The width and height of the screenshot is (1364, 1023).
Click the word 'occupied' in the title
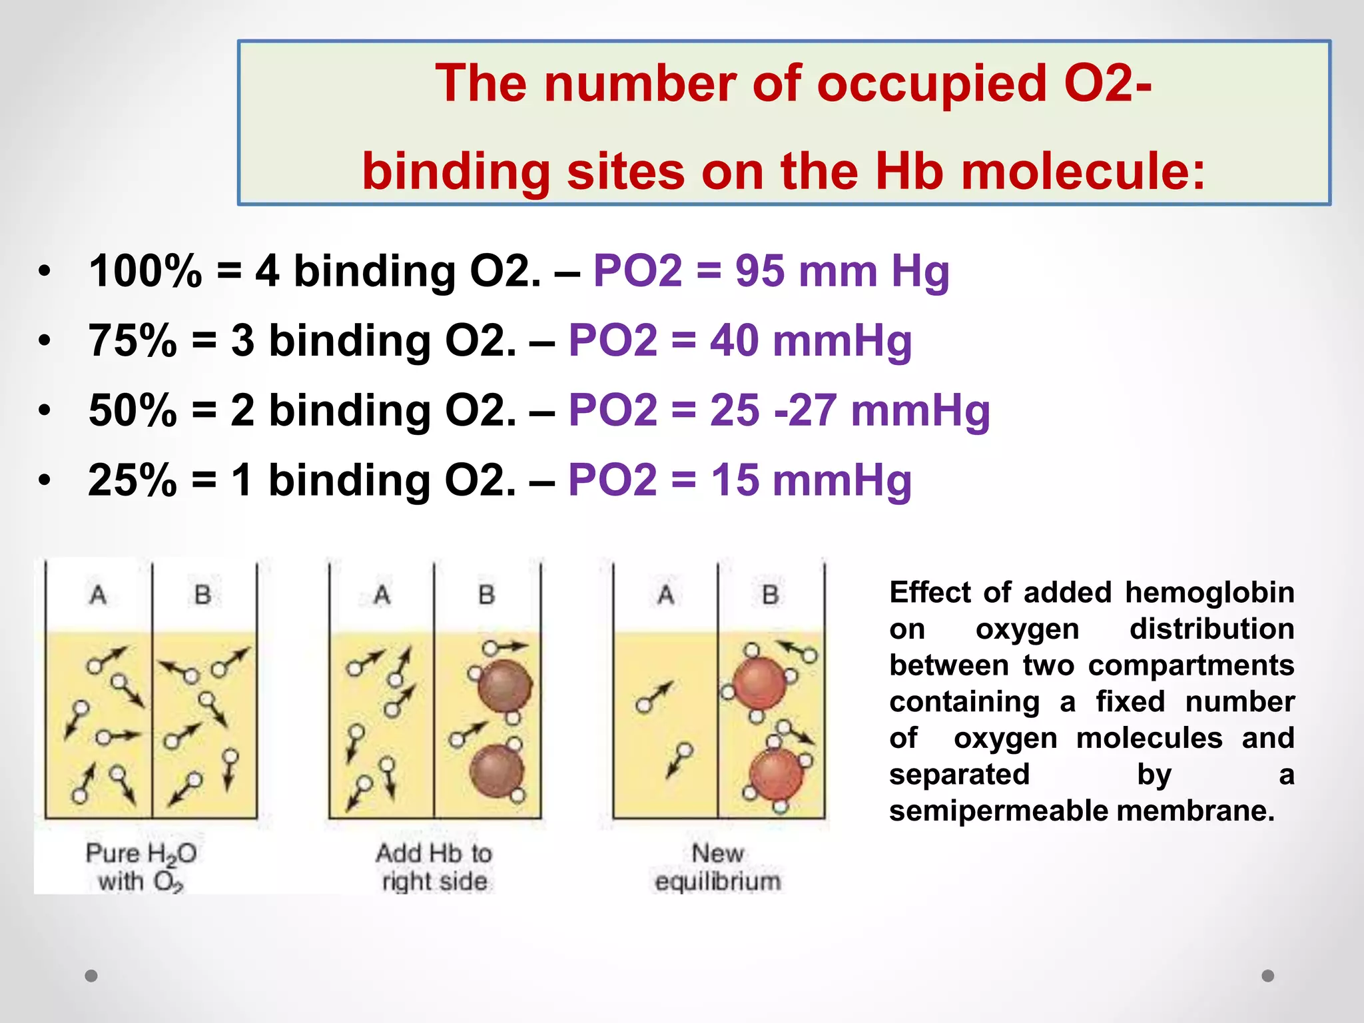(x=932, y=85)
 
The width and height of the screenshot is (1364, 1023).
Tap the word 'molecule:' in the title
(x=1083, y=171)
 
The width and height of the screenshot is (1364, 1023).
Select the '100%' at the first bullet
(x=145, y=271)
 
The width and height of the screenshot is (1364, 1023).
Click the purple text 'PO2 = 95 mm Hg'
(x=771, y=271)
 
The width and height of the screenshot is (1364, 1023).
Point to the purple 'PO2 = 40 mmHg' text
(x=739, y=340)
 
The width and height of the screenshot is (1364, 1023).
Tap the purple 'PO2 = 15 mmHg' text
(x=739, y=480)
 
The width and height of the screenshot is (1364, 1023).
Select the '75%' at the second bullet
(x=133, y=340)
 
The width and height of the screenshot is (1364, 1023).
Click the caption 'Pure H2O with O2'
(x=141, y=867)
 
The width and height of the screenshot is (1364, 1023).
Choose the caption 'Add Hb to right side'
(x=434, y=867)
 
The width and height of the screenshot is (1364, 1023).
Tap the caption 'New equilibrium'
(x=717, y=867)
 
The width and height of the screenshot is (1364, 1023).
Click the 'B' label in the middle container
(x=487, y=594)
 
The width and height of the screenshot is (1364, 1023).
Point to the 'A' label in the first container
(x=98, y=594)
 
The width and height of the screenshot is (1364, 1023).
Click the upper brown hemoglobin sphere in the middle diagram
(x=505, y=686)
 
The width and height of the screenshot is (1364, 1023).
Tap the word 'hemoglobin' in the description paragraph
(x=1209, y=592)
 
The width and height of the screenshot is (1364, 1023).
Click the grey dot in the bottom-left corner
(x=91, y=976)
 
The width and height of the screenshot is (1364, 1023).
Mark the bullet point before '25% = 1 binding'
(x=45, y=480)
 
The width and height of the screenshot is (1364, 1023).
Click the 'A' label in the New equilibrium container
(x=665, y=594)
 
